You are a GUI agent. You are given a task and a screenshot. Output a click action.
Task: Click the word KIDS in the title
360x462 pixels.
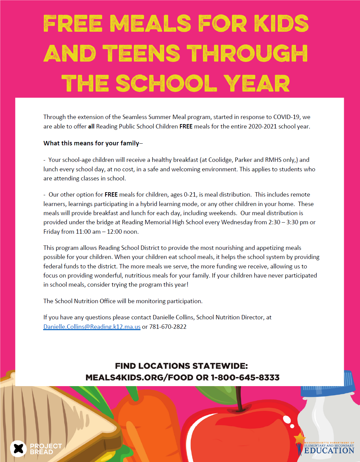281,24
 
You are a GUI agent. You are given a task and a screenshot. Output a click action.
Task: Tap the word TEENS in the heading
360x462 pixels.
141,54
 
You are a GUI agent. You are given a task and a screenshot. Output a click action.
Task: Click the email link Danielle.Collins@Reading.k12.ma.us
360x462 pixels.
92,327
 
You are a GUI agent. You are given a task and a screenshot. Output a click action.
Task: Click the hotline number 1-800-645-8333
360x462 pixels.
245,378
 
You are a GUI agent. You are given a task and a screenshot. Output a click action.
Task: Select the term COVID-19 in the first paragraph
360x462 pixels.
286,117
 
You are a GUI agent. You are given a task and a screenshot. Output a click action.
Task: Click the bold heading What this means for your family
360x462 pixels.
91,143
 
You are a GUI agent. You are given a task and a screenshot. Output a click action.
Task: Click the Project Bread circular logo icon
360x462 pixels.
18,449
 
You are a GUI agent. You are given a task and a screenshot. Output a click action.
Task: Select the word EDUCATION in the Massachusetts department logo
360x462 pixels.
329,451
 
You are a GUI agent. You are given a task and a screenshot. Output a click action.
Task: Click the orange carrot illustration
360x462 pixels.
148,425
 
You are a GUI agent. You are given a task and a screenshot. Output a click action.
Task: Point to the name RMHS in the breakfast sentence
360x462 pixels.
273,160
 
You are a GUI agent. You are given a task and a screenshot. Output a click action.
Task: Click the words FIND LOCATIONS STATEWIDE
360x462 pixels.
181,366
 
